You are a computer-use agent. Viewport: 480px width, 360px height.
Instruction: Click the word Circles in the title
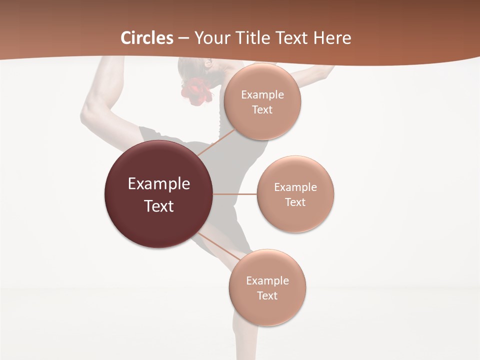point(147,38)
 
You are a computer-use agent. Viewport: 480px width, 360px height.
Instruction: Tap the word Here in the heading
point(332,38)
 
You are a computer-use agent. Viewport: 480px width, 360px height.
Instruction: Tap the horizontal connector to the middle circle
point(234,194)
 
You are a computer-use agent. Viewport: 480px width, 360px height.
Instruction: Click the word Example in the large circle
point(159,184)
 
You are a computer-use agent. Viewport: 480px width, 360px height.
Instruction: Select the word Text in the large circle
point(159,206)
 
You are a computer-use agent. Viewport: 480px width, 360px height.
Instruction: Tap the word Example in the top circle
point(262,95)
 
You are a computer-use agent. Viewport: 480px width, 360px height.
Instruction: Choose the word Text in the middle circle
point(295,202)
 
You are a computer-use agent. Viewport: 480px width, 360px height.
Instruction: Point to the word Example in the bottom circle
point(267,281)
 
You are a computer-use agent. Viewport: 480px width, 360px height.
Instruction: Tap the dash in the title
point(183,38)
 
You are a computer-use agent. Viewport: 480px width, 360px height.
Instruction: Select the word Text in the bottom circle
point(267,296)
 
